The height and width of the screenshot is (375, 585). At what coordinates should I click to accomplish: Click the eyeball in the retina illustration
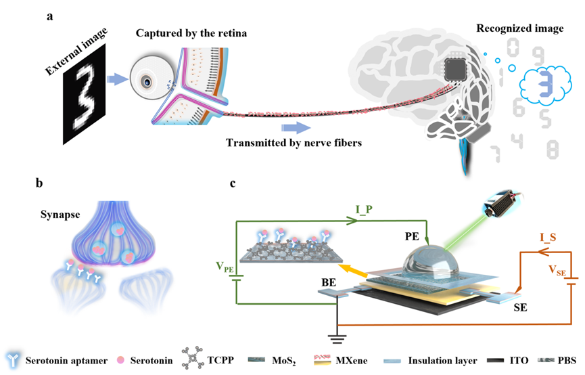coord(146,82)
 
